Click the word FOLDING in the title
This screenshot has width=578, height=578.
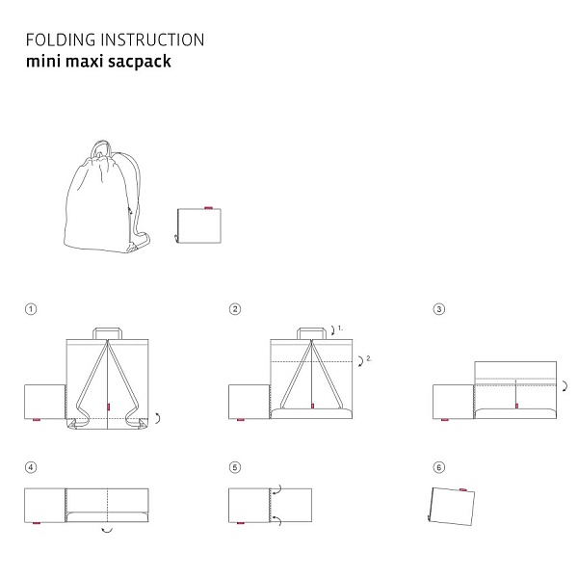pyautogui.click(x=61, y=39)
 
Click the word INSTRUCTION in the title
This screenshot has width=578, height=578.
pyautogui.click(x=152, y=39)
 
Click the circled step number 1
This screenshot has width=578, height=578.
pyautogui.click(x=31, y=309)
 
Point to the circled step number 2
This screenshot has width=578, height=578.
pyautogui.click(x=235, y=309)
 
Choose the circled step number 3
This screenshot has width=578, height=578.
pyautogui.click(x=438, y=309)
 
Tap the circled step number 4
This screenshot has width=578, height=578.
pyautogui.click(x=31, y=467)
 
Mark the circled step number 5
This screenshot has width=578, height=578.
pyautogui.click(x=235, y=467)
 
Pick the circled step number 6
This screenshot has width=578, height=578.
pyautogui.click(x=438, y=467)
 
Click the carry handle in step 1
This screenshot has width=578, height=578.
pyautogui.click(x=107, y=328)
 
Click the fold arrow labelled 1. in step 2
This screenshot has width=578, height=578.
pyautogui.click(x=333, y=330)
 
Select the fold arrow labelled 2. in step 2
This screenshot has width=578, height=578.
pyautogui.click(x=361, y=361)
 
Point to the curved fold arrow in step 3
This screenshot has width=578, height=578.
pyautogui.click(x=565, y=386)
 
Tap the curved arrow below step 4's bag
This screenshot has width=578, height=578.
pyautogui.click(x=107, y=531)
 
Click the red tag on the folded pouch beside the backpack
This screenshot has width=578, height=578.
pyautogui.click(x=208, y=208)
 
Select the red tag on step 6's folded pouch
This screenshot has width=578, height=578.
pyautogui.click(x=463, y=489)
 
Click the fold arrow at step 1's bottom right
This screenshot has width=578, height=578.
pyautogui.click(x=159, y=418)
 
